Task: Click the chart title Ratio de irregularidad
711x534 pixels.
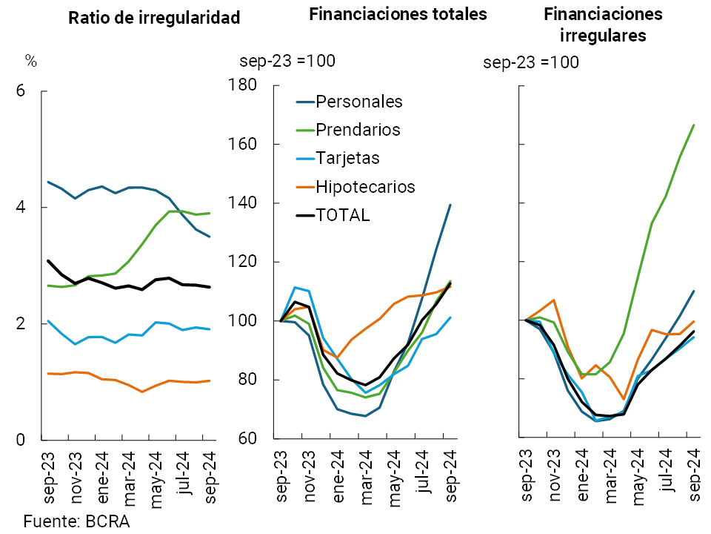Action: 154,19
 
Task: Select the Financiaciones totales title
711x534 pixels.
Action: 398,14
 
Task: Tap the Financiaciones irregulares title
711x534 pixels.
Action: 603,24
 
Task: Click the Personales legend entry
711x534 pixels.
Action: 358,102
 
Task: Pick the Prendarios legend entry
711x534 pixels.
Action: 358,130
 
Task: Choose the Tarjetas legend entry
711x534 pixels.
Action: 347,158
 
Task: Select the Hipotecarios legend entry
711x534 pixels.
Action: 365,186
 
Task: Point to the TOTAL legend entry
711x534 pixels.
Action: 342,215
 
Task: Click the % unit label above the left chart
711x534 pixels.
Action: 30,61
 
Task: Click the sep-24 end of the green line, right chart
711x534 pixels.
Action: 694,125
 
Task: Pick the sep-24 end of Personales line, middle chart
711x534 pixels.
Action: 451,205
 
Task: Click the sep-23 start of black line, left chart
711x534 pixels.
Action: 47,260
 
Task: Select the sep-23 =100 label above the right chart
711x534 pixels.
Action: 531,62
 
